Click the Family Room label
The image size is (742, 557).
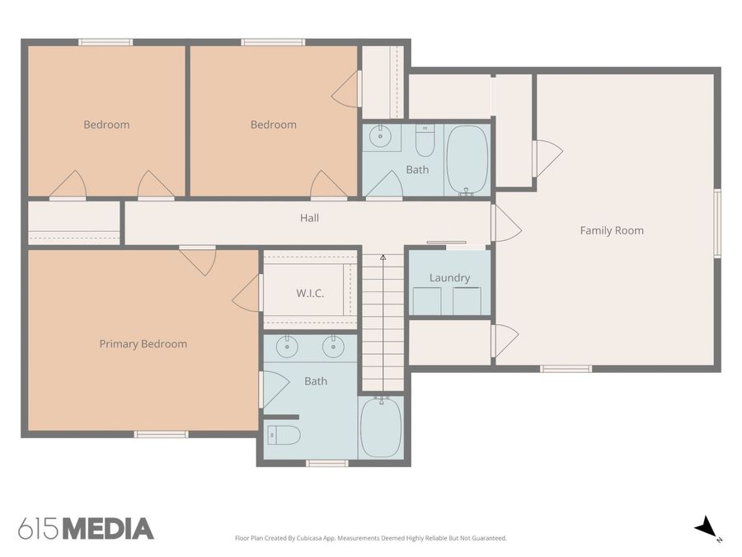(611, 231)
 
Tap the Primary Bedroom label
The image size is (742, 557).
(143, 344)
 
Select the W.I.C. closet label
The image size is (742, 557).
(309, 294)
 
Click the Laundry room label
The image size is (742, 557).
(449, 278)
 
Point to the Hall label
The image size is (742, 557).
(309, 219)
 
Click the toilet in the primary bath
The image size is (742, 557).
(283, 435)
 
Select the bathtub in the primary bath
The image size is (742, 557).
(381, 427)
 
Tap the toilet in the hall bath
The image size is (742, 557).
(425, 141)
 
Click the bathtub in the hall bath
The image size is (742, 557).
(467, 159)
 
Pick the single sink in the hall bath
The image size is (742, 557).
(380, 137)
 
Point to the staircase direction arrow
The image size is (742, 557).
(383, 258)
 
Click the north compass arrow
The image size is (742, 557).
(706, 527)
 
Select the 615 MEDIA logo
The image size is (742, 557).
(86, 528)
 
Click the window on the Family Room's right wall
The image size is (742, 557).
(717, 224)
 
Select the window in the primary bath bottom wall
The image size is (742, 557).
(326, 463)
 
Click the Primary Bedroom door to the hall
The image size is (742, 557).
(198, 259)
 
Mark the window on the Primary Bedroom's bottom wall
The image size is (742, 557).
(161, 434)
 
